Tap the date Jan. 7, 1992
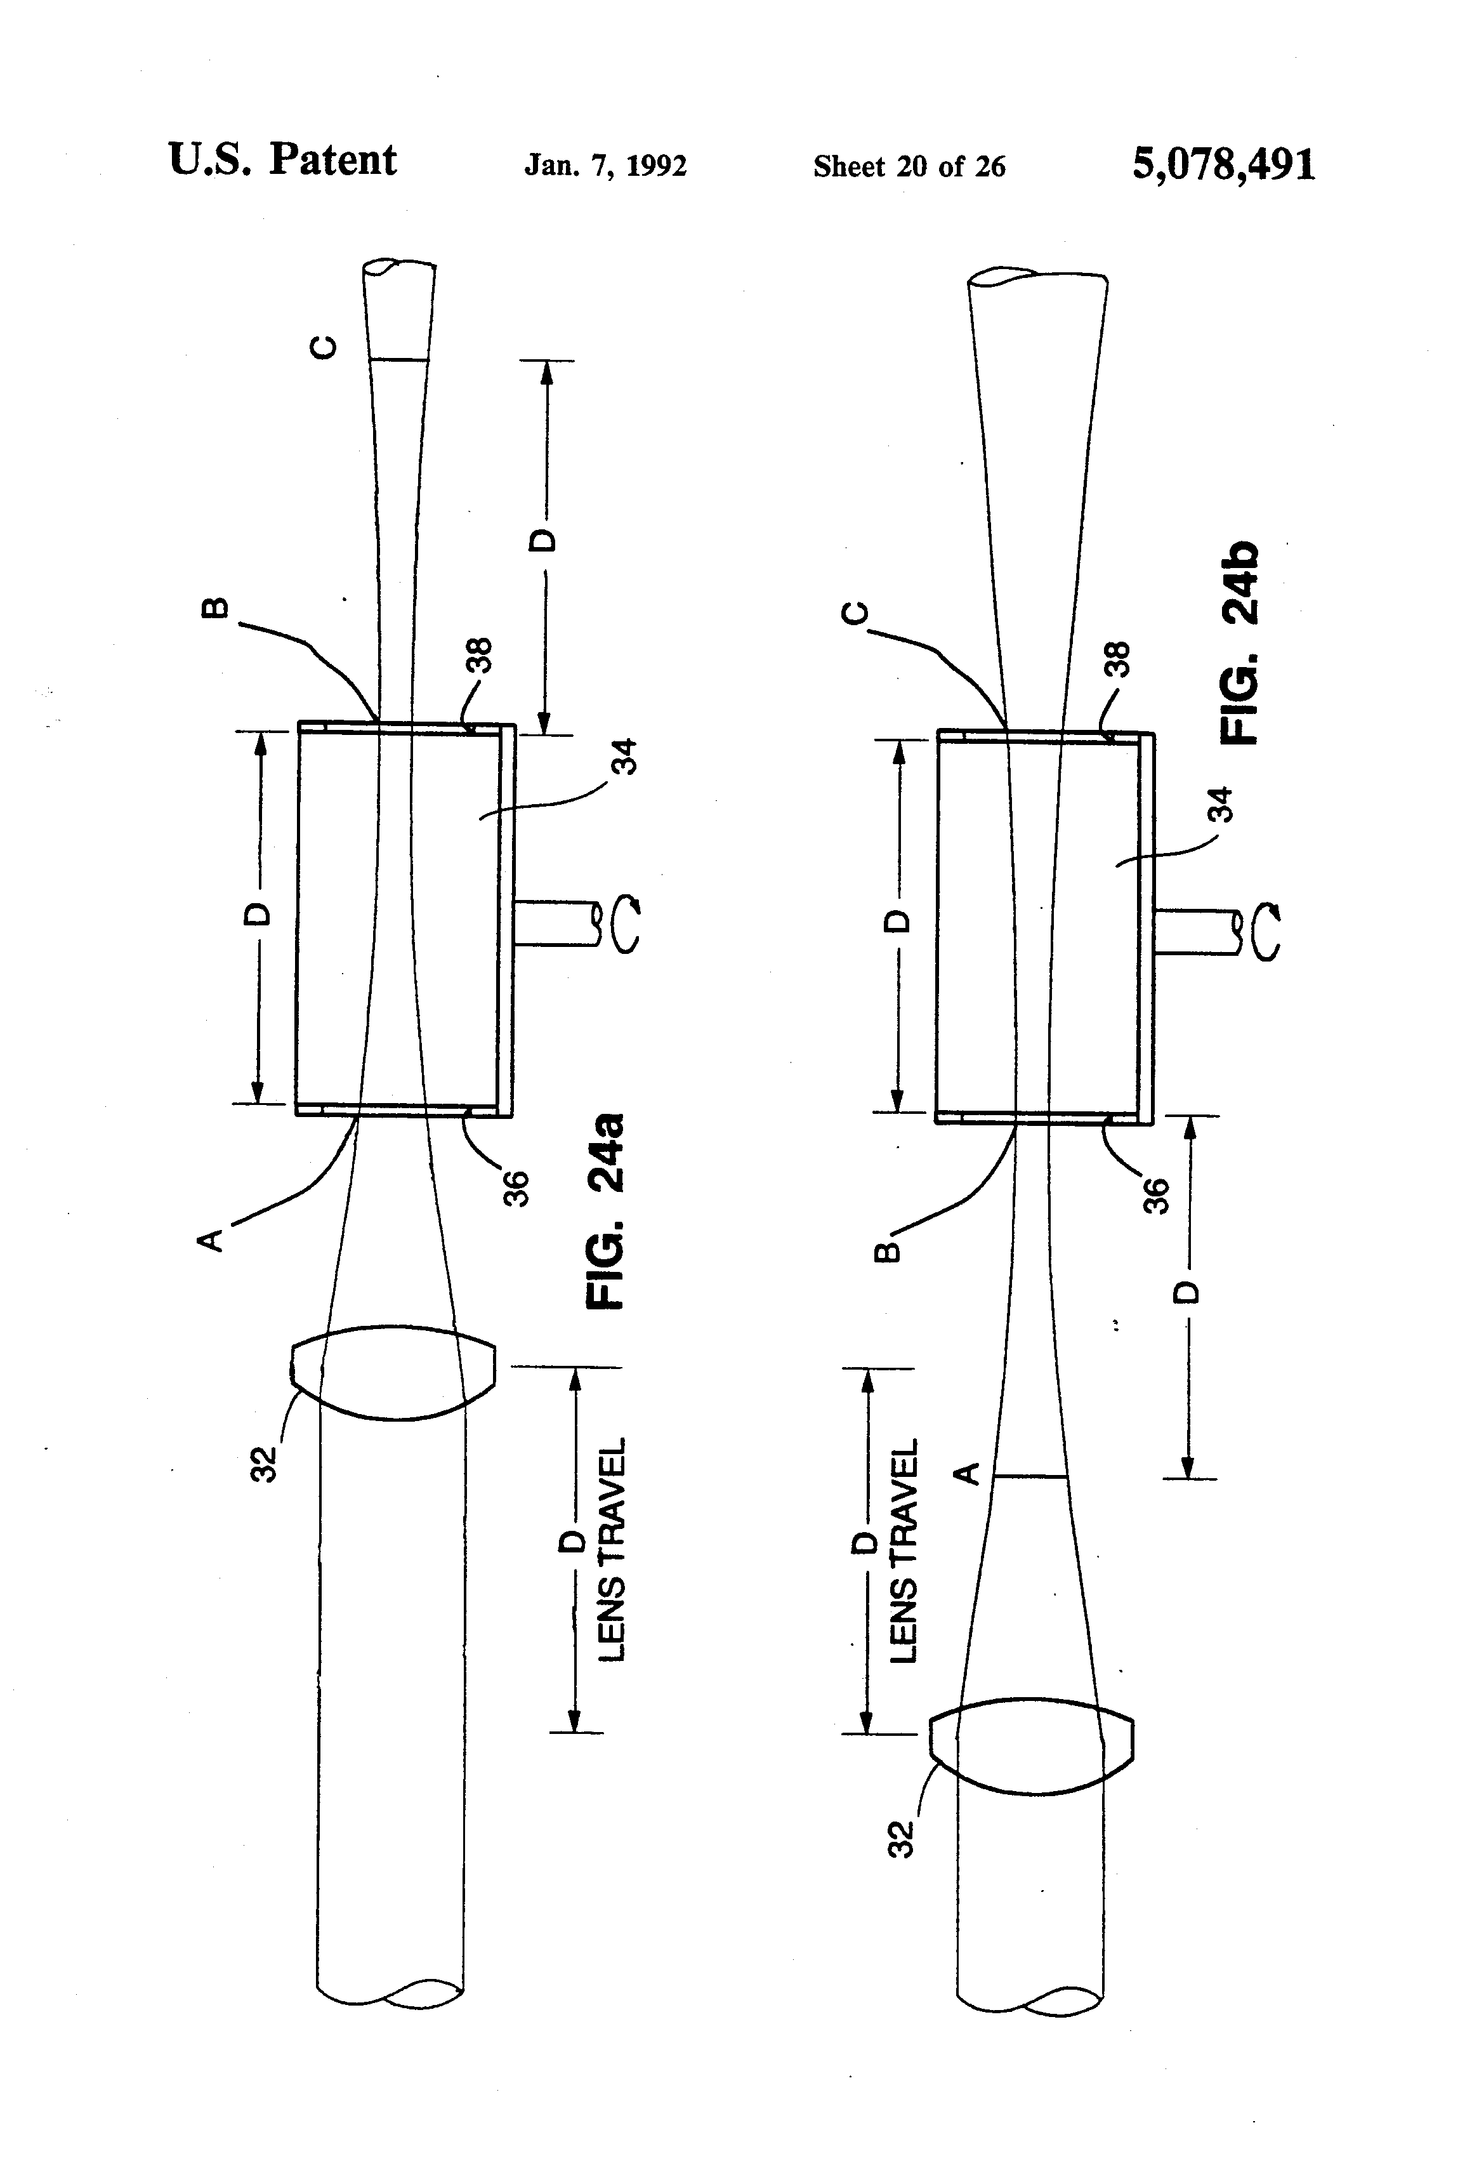(606, 166)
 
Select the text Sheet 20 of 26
(909, 166)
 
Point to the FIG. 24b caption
(1240, 643)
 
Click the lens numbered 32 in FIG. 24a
(393, 1373)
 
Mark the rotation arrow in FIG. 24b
(1267, 932)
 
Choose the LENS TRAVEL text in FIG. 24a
(610, 1550)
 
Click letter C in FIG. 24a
(323, 347)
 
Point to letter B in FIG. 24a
(214, 608)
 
